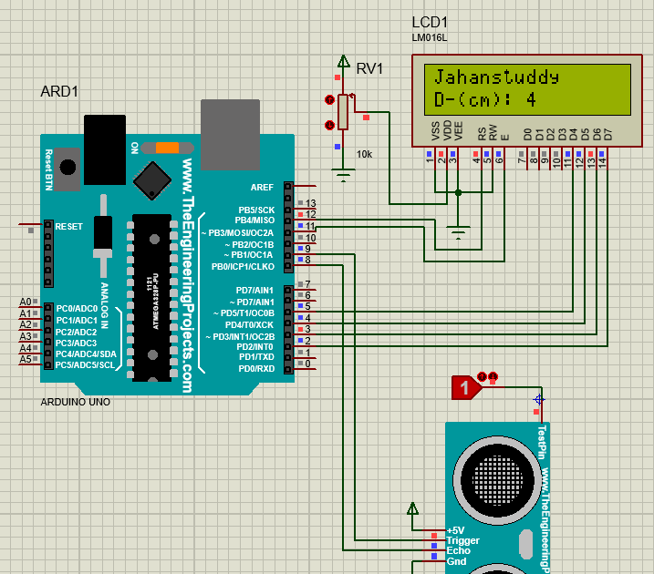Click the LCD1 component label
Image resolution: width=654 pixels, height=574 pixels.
(431, 22)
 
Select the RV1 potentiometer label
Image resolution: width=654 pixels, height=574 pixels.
(369, 68)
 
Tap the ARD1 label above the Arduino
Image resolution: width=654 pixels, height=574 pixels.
(60, 92)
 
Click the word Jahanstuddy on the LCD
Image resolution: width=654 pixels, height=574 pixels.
(496, 76)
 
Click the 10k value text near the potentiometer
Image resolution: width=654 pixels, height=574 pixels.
(364, 154)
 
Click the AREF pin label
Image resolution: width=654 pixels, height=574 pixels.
(262, 187)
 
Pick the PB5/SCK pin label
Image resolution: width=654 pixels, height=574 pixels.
(255, 210)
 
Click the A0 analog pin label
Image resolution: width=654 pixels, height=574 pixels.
(26, 302)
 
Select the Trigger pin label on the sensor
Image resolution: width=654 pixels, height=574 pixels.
(462, 541)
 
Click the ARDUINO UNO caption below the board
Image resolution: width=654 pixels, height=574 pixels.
(77, 401)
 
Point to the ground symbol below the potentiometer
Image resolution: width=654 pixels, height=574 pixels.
(343, 176)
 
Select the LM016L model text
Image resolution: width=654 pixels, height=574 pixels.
(430, 37)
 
